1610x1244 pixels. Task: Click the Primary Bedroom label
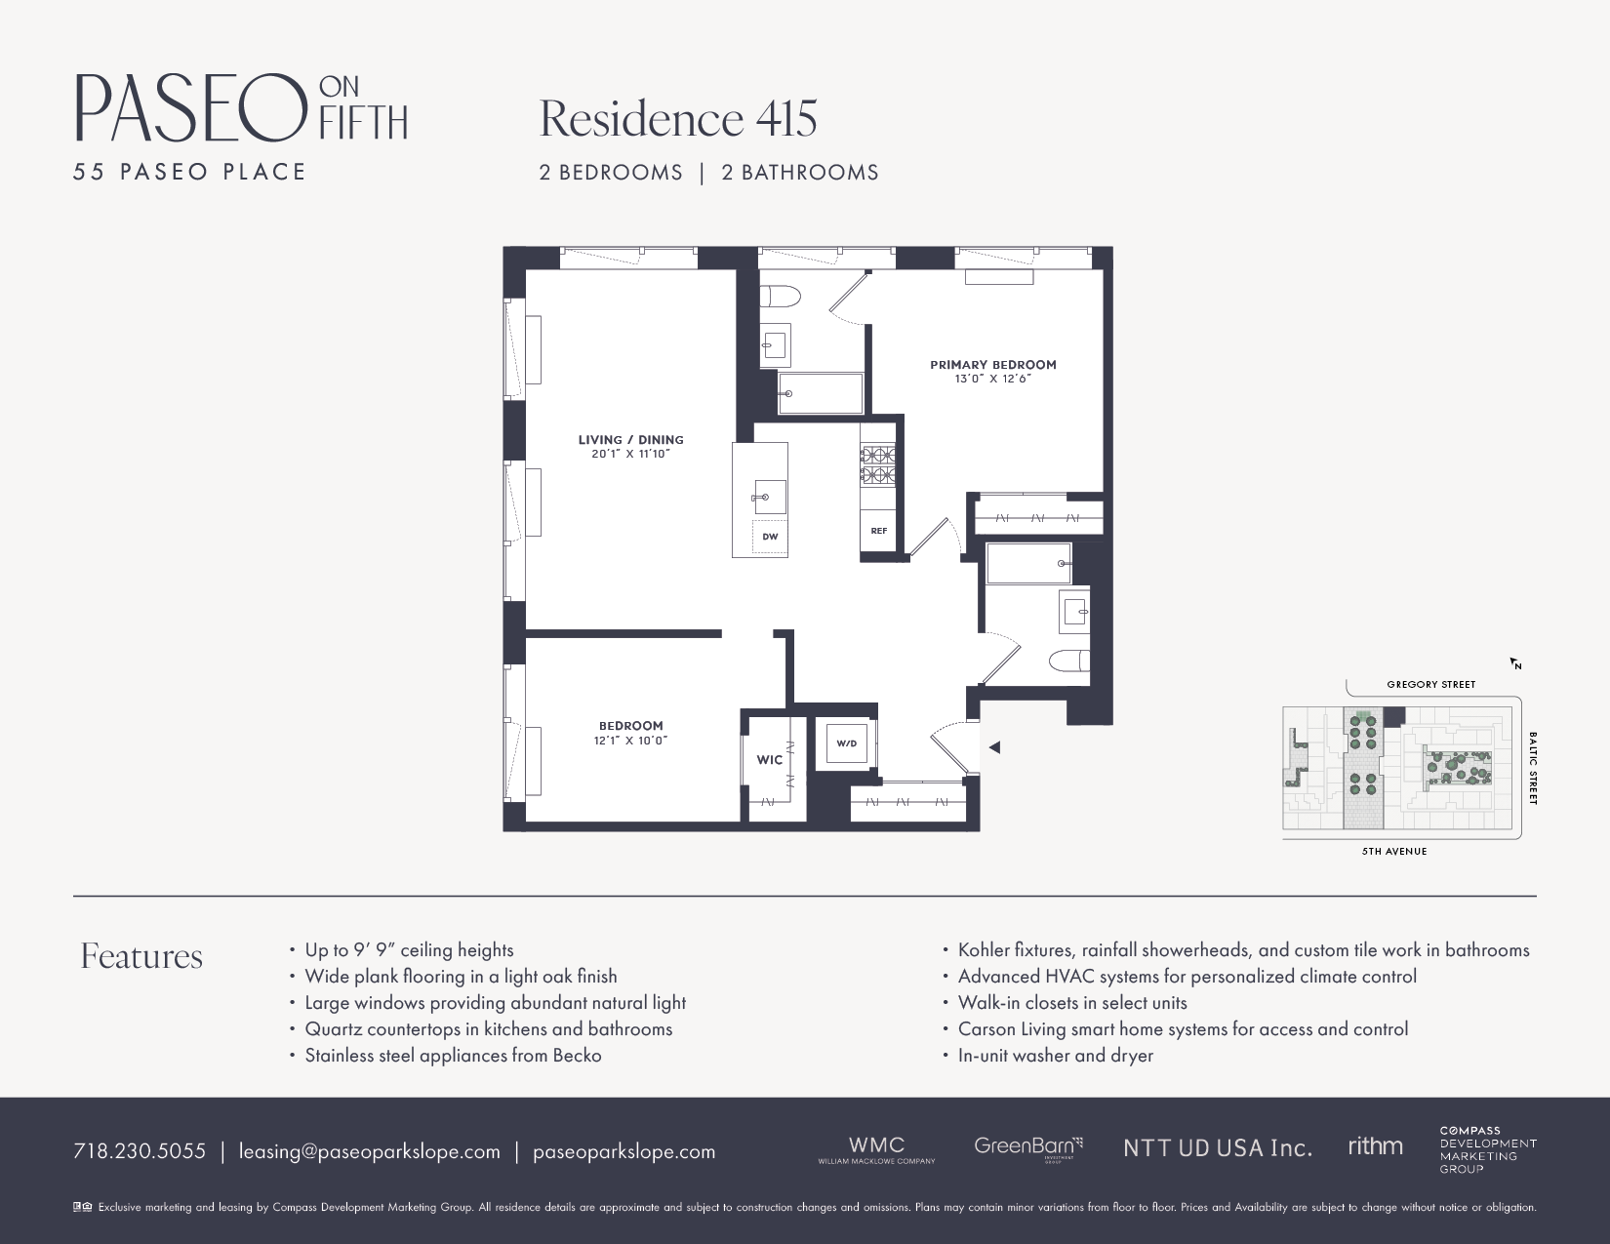point(992,365)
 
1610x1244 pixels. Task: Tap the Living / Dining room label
point(630,440)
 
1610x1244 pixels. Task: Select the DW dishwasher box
point(770,538)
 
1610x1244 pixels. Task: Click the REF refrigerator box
point(878,531)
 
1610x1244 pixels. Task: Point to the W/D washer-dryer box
point(845,744)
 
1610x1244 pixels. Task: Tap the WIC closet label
point(769,760)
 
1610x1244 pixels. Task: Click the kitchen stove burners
point(877,465)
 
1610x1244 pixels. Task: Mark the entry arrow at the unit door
point(994,747)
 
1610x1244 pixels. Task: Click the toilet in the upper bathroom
point(780,296)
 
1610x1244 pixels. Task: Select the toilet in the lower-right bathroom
point(1069,662)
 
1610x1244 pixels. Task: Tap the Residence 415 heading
point(678,119)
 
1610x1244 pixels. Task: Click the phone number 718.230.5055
point(140,1151)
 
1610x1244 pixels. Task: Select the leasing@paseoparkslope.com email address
point(369,1151)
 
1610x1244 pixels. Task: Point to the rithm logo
point(1375,1146)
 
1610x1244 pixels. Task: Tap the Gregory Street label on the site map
point(1430,685)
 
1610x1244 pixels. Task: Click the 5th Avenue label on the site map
point(1394,852)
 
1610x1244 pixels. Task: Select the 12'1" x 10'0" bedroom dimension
point(630,741)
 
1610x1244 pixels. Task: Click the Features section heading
point(141,956)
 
